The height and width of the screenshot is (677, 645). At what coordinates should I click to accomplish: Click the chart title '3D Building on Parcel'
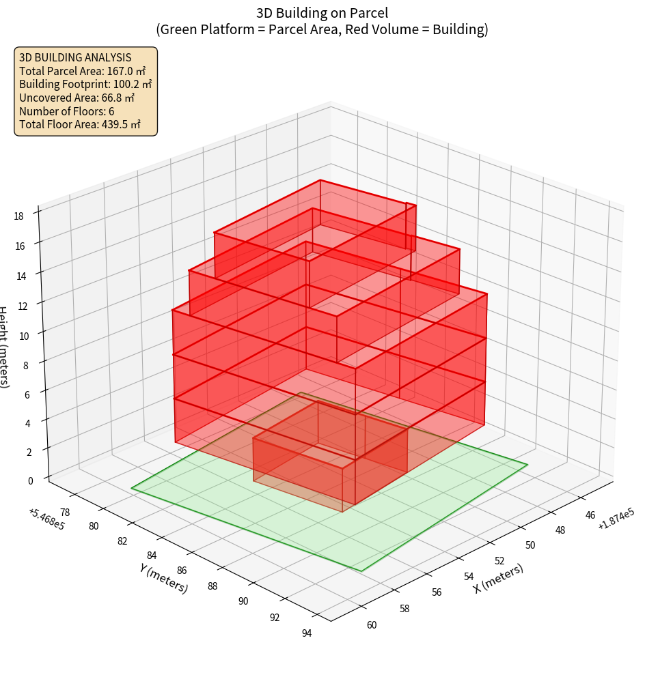coord(322,12)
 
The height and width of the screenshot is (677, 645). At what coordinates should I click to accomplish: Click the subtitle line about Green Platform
coord(322,29)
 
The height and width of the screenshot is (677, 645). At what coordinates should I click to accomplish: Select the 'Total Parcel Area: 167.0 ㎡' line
coord(83,70)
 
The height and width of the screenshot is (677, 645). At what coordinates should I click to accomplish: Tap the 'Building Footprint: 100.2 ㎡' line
coord(85,84)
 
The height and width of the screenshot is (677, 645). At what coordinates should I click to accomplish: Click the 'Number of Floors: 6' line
coord(67,111)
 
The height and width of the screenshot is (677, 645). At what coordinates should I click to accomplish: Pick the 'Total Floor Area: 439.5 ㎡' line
coord(80,125)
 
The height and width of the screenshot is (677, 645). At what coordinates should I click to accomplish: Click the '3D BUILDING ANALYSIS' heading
coord(75,57)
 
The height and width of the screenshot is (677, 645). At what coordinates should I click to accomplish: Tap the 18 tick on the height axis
coord(18,216)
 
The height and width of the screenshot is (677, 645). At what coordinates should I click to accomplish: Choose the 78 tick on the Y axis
coord(64,512)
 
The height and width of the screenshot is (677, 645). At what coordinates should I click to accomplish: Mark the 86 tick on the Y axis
coord(182,571)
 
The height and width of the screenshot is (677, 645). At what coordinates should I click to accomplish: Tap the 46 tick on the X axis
coord(590,515)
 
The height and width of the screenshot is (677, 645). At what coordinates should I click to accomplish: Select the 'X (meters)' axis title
coord(498,579)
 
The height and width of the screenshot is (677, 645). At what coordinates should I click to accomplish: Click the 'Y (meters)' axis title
coord(163,578)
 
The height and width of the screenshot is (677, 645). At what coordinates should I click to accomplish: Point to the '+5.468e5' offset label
coord(46,519)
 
